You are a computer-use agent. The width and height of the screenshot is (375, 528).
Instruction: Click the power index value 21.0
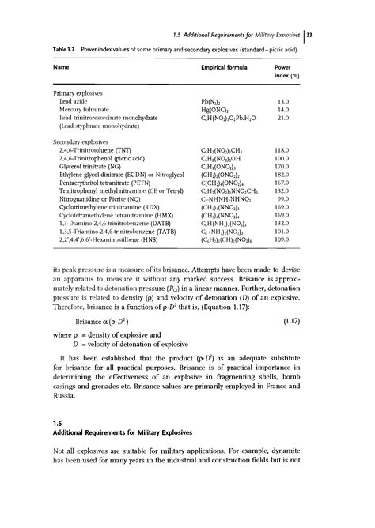click(x=290, y=119)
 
